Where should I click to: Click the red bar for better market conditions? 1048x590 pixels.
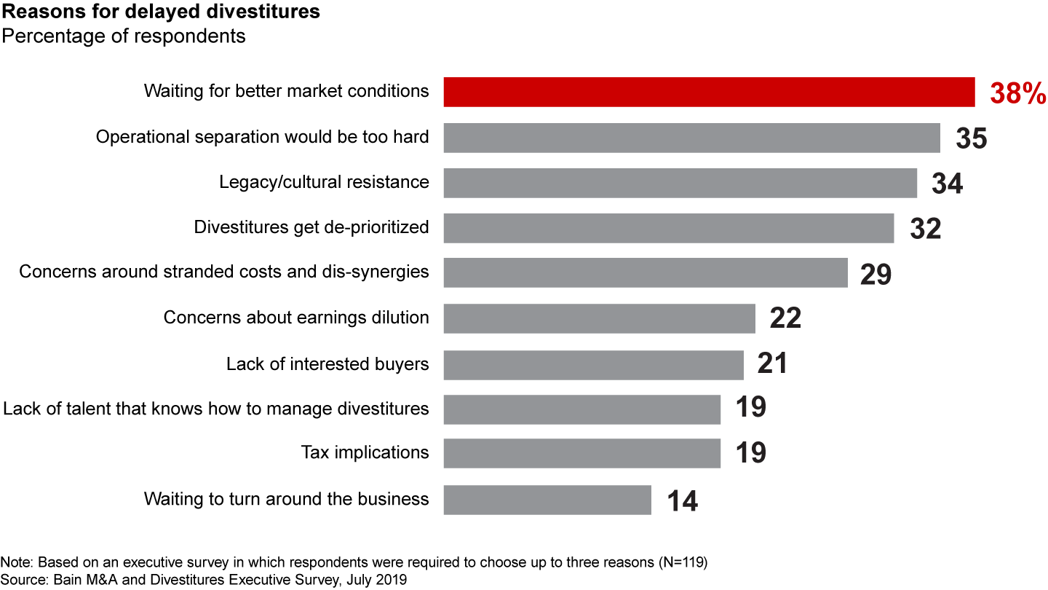click(x=709, y=92)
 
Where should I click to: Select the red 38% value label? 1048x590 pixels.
click(x=1017, y=94)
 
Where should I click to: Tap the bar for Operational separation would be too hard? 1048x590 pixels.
click(x=691, y=138)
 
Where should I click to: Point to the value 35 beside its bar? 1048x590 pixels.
click(x=971, y=138)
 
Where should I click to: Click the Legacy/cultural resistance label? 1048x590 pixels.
click(x=324, y=182)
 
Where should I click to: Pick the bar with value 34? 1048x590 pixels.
click(x=680, y=183)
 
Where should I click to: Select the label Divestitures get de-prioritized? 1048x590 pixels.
click(x=311, y=227)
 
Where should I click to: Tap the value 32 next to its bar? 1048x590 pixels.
click(x=925, y=229)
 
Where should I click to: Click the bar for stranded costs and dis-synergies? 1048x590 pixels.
click(x=646, y=272)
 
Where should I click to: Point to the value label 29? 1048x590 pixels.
click(x=875, y=275)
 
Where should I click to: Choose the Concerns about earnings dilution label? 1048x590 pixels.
click(x=296, y=318)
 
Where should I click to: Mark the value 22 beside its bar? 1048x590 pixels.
click(x=785, y=318)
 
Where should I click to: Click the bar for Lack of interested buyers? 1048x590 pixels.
click(x=593, y=364)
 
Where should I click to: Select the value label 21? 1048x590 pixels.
click(x=772, y=363)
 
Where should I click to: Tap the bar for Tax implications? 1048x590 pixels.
click(x=581, y=453)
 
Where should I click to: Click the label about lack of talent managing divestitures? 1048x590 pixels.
click(x=216, y=408)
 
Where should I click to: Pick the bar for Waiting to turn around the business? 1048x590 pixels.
click(x=547, y=500)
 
